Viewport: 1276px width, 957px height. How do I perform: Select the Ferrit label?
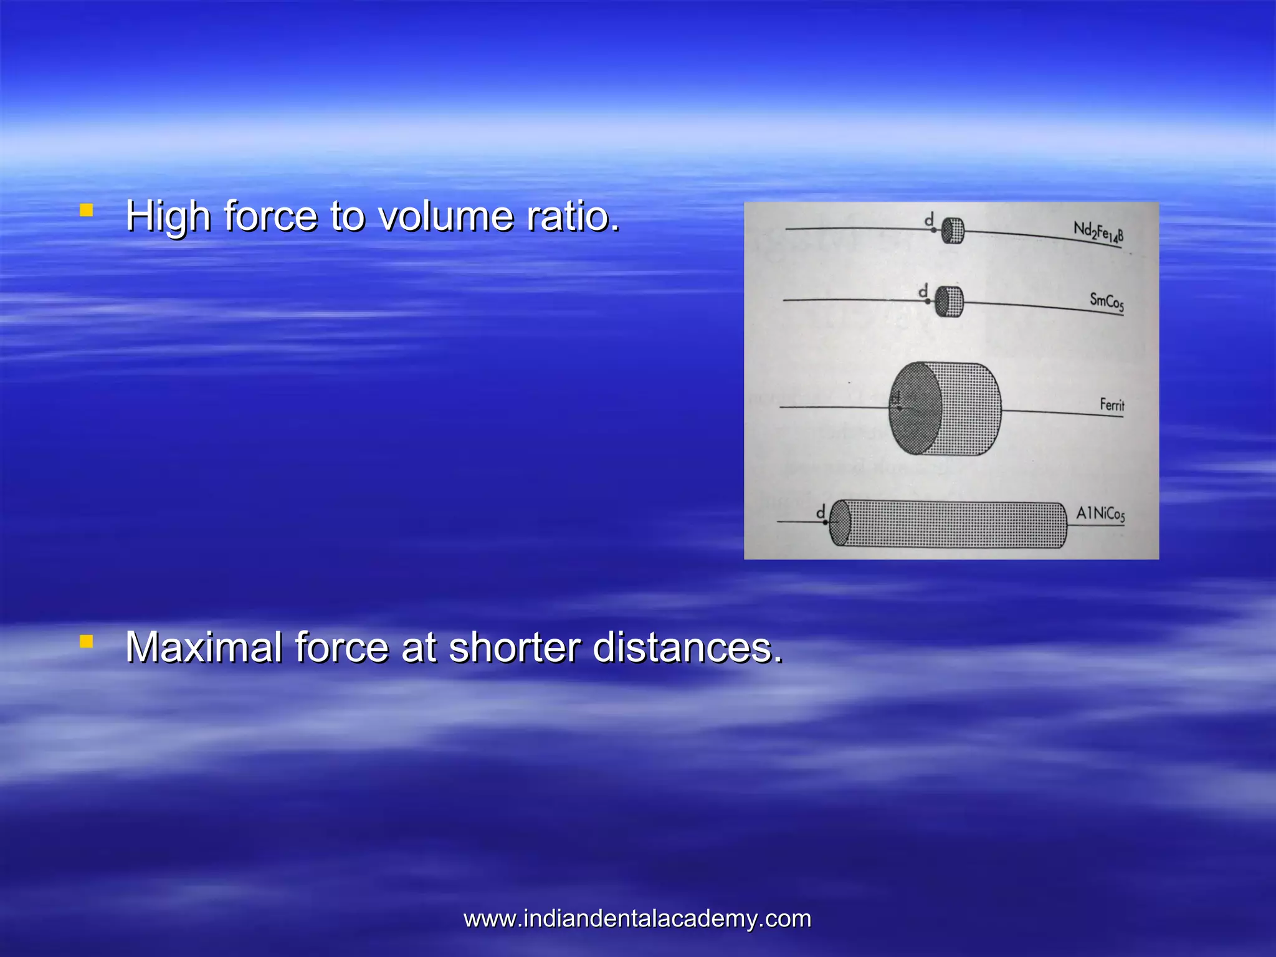(1112, 405)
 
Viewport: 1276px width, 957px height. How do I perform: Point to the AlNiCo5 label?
(1100, 514)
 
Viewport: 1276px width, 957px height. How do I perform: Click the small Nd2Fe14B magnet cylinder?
(952, 231)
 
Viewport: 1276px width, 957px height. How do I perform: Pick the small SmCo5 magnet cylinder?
(950, 302)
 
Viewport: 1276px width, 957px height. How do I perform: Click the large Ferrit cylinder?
(945, 409)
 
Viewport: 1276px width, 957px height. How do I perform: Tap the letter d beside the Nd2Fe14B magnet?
(929, 219)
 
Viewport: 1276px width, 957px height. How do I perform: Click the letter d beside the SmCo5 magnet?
(923, 290)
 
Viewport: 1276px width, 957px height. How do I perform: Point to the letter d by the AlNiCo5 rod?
(821, 512)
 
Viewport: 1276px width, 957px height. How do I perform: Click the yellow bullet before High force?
(87, 210)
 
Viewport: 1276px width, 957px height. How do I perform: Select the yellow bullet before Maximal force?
(87, 641)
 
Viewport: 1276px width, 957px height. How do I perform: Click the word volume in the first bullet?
(446, 216)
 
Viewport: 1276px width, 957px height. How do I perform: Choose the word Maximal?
(204, 647)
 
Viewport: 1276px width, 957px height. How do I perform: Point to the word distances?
(687, 647)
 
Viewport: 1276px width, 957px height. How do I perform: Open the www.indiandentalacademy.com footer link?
(637, 919)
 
